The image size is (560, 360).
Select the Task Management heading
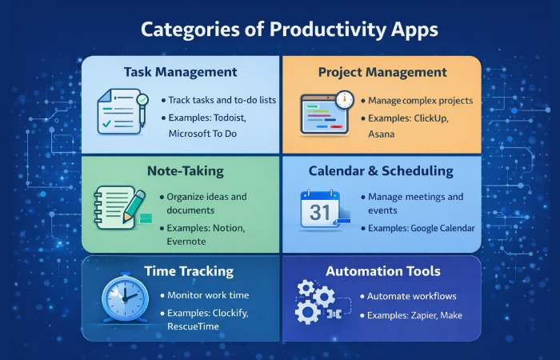pos(180,72)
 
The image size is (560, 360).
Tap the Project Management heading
pos(382,72)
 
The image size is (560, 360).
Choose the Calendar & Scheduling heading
pos(381,170)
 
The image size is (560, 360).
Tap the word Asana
pos(382,134)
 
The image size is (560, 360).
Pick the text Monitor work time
pos(209,296)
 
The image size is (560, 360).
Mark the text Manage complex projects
pos(420,101)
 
